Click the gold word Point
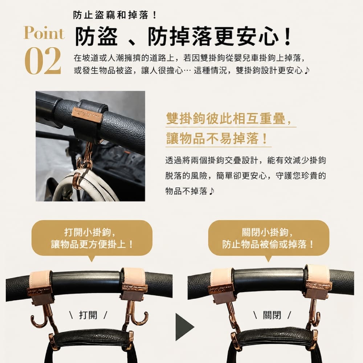click(x=44, y=33)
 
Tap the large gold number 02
click(x=43, y=61)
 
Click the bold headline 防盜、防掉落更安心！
click(x=183, y=37)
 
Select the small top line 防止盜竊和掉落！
click(x=115, y=15)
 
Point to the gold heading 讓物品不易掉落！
click(x=217, y=139)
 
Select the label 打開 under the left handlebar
click(x=88, y=315)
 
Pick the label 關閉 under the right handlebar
click(x=272, y=315)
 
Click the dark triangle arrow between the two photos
click(x=184, y=327)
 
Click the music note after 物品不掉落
click(x=211, y=191)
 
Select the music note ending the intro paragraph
click(x=306, y=70)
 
